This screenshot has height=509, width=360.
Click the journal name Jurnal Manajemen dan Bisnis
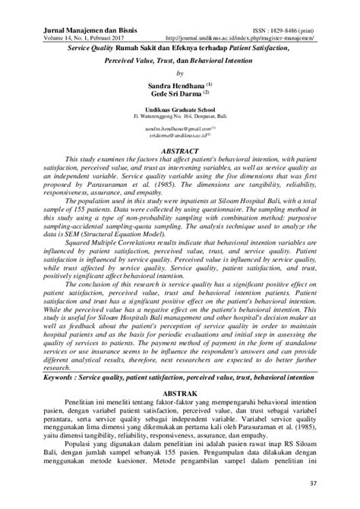click(70, 27)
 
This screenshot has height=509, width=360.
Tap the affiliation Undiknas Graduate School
click(180, 111)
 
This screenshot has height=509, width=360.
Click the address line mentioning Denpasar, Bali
click(180, 119)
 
